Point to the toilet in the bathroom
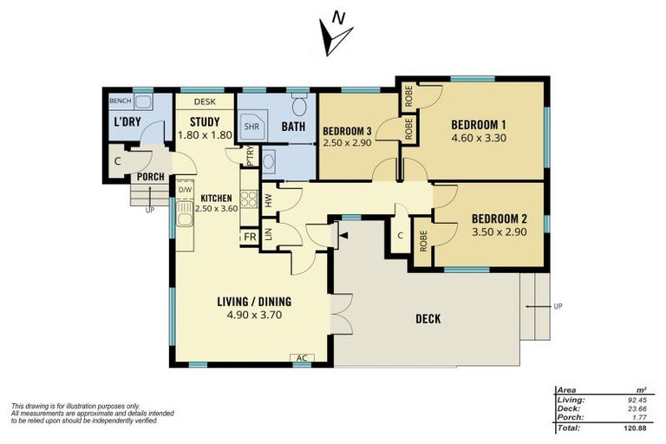tap(299, 107)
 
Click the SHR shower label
tap(251, 126)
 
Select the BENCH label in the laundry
tap(120, 101)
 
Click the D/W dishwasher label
tap(185, 189)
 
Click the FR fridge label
tap(249, 236)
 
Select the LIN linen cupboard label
tap(269, 234)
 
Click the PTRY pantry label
tap(251, 156)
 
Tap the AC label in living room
tap(303, 357)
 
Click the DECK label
tap(427, 319)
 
